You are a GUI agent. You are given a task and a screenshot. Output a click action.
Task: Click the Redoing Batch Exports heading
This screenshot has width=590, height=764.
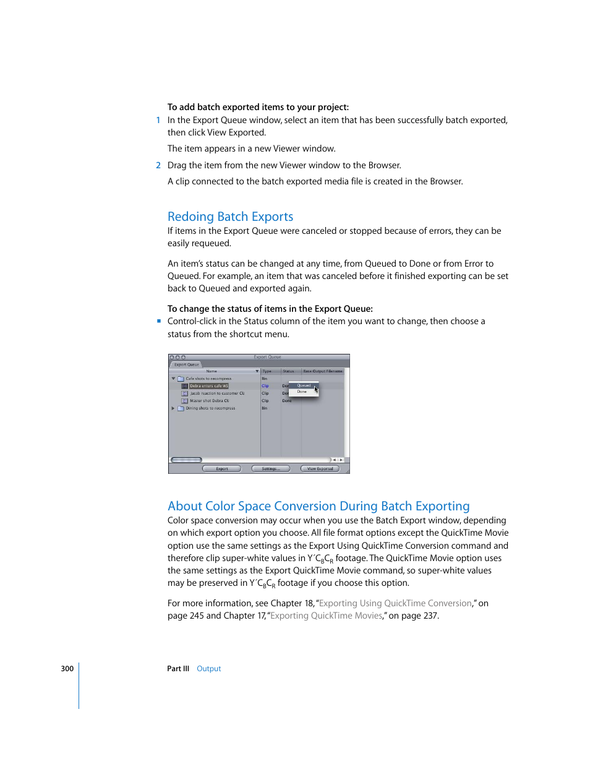pos(230,217)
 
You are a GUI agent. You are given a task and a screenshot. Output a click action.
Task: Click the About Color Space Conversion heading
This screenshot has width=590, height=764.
pos(318,506)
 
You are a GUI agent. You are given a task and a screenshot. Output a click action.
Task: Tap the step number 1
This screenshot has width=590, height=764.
pos(158,120)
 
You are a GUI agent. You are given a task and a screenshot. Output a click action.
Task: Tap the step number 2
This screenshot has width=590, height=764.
pos(158,165)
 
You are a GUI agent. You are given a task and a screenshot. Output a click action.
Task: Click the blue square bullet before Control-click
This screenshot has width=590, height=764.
pos(159,321)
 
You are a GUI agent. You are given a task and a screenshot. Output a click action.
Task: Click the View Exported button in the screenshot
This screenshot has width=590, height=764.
pos(320,469)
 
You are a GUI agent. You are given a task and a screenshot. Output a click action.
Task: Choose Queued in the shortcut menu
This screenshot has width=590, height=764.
pos(304,385)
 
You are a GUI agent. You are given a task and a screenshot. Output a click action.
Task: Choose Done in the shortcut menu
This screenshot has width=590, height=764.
pos(302,392)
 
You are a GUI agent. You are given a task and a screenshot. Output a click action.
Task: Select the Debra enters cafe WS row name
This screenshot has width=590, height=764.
pos(208,386)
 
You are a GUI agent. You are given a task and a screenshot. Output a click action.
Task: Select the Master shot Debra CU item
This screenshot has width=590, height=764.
pos(209,401)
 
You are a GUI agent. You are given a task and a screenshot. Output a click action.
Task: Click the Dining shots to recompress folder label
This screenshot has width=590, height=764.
pos(210,408)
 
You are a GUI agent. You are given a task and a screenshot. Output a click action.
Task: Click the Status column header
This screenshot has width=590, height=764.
pos(288,371)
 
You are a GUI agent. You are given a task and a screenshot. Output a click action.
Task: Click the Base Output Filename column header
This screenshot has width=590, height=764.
pos(322,371)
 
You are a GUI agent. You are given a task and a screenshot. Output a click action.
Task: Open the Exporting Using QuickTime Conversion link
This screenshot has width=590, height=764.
pos(395,603)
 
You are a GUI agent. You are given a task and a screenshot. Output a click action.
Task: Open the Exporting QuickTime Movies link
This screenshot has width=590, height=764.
pos(326,616)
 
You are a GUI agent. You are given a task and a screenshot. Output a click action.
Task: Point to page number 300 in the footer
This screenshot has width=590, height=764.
pos(67,669)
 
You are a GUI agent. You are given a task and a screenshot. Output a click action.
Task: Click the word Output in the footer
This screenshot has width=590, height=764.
pos(208,669)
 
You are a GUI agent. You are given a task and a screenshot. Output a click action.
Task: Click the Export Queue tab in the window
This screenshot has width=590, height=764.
pos(186,364)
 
